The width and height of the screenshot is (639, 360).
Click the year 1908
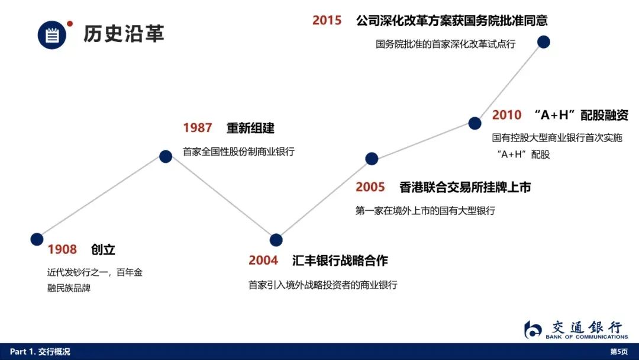[x=62, y=249]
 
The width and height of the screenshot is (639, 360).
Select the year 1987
[x=197, y=128]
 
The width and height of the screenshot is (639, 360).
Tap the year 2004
[x=263, y=260]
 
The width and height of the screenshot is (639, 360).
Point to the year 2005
[x=370, y=187]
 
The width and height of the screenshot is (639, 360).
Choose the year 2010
[x=506, y=115]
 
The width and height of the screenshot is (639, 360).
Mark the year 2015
[x=327, y=20]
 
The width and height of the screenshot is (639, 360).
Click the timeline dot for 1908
[x=37, y=239]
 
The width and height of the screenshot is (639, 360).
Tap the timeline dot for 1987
[x=166, y=156]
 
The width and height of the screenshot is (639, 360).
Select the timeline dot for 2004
[x=276, y=240]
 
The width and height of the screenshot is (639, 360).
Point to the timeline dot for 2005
[x=372, y=159]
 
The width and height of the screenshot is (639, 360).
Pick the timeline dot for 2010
[x=475, y=123]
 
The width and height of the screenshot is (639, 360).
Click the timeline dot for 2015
[x=544, y=41]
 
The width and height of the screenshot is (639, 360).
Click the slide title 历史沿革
[x=124, y=33]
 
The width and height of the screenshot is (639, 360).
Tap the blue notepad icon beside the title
[x=51, y=35]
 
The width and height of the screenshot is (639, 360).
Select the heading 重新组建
[x=251, y=128]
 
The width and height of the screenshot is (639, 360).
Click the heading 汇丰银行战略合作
[x=340, y=261]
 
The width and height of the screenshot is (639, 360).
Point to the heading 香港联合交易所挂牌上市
[x=465, y=187]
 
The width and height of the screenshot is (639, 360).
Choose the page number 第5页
[x=619, y=352]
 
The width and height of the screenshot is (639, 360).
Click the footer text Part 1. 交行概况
[x=40, y=352]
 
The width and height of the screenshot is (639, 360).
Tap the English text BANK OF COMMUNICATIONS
[x=587, y=337]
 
